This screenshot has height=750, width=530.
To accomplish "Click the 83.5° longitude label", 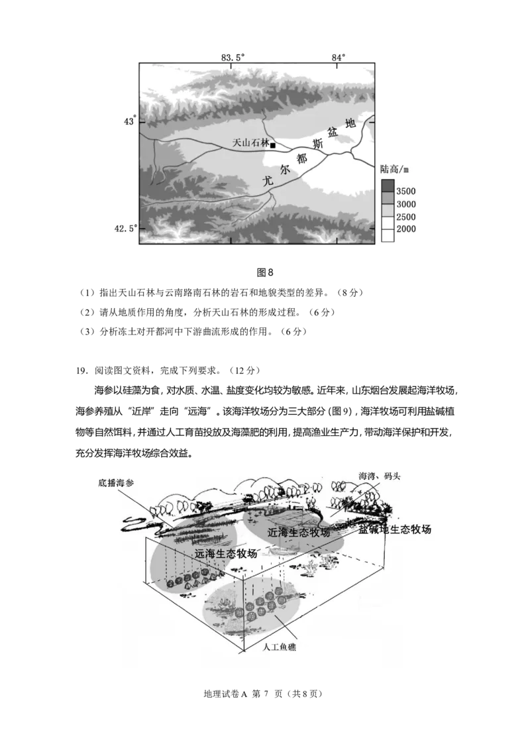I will (233, 57).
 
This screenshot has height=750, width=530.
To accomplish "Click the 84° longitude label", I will (339, 57).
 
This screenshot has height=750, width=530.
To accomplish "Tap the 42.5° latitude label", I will (125, 228).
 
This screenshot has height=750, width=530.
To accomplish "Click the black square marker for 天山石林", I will (272, 145).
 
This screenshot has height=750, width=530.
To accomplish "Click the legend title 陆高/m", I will (396, 169).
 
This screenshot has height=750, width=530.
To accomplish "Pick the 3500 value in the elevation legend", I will (406, 191).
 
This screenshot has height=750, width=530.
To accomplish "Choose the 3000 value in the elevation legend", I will (406, 204).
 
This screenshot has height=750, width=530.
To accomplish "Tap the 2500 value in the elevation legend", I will (406, 217).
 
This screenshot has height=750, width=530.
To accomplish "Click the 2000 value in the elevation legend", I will (406, 229).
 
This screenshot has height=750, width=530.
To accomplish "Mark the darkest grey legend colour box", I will (388, 185).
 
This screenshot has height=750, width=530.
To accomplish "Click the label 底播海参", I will (115, 484).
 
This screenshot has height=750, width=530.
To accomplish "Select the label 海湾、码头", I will (380, 476).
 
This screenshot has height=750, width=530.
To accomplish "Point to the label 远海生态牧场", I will (226, 553).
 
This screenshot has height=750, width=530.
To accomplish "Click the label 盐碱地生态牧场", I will (395, 529).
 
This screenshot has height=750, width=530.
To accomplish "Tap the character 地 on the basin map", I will (350, 123).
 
